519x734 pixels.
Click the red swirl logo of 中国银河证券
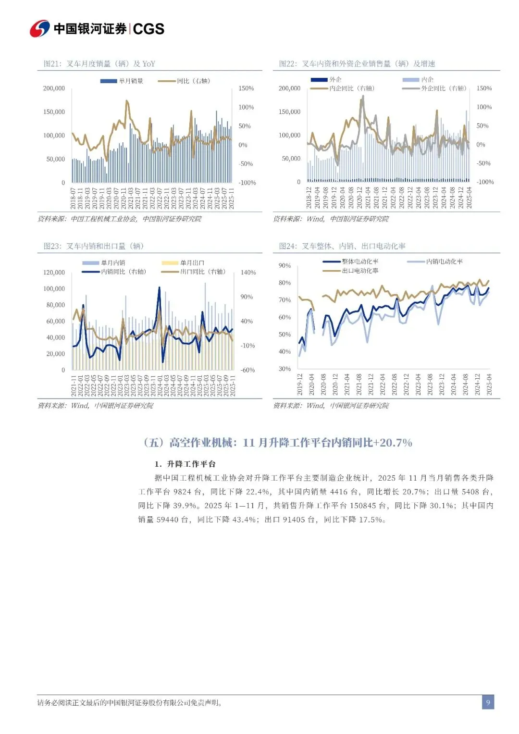[x=39, y=29]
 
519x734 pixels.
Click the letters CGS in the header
[x=148, y=29]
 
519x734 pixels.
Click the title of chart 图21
[x=99, y=64]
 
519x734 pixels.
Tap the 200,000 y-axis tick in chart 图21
[x=54, y=88]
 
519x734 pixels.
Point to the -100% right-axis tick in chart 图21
[x=247, y=183]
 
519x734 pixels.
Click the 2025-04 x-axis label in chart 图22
[x=469, y=198]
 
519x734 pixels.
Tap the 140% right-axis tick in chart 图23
[x=248, y=273]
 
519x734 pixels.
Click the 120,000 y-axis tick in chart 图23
[x=54, y=273]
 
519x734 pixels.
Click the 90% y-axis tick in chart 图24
[x=284, y=266]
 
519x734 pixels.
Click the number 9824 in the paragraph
[x=182, y=492]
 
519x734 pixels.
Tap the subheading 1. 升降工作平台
[x=185, y=464]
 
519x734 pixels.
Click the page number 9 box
[x=488, y=702]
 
